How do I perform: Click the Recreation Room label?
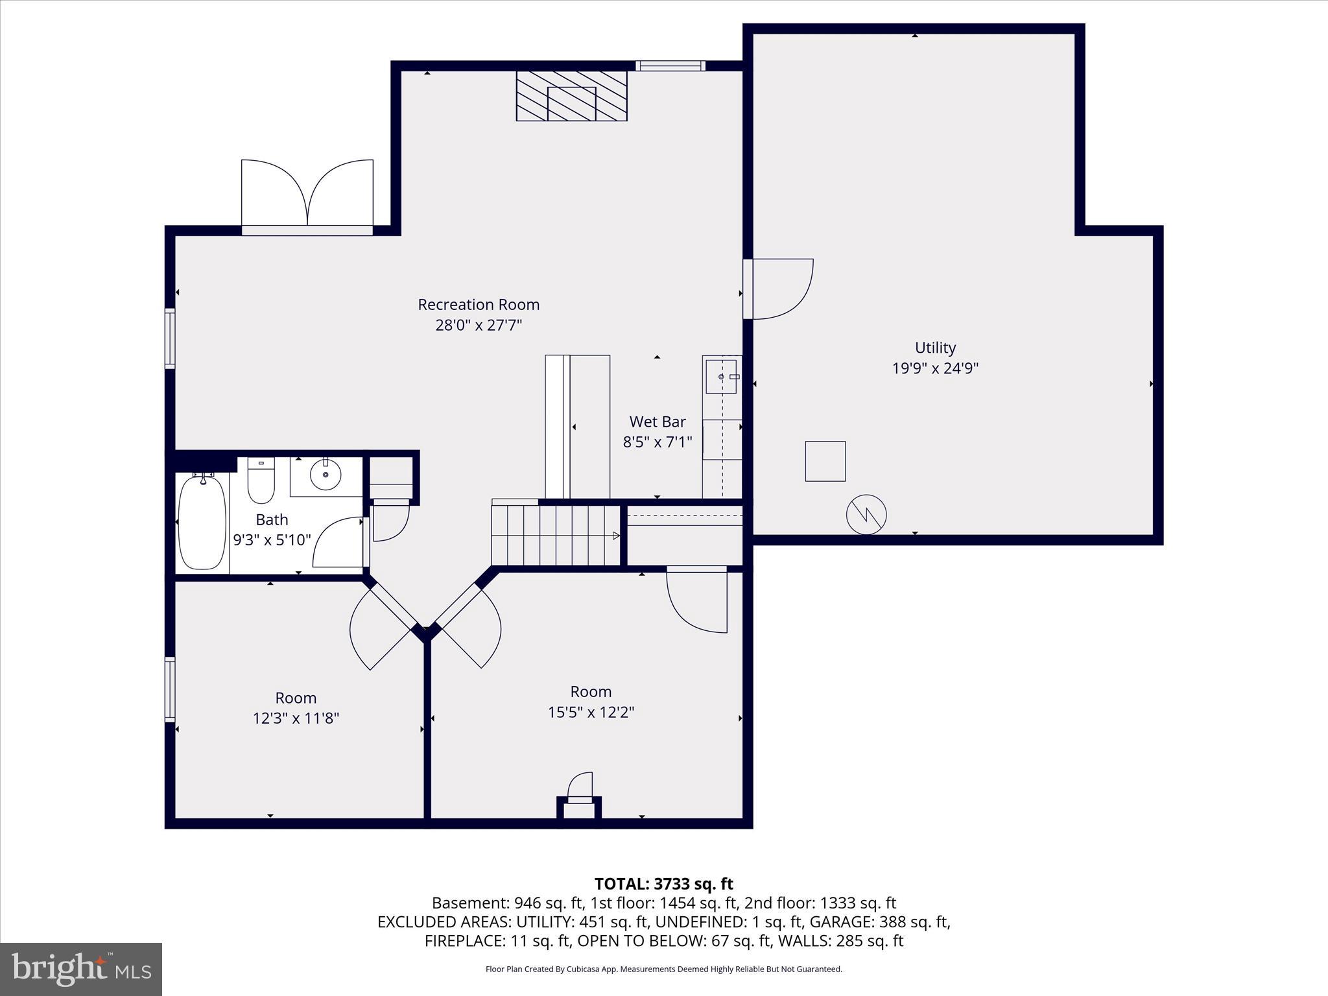coord(479,304)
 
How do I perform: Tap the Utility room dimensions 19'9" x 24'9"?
coord(935,368)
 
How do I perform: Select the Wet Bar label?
coord(658,421)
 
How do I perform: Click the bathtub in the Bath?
coord(202,523)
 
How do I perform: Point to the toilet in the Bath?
coord(261,481)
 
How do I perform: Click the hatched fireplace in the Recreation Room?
coord(571,95)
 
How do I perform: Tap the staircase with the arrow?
coord(556,536)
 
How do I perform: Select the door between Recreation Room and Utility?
coord(777,289)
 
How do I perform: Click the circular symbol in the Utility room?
coord(866,515)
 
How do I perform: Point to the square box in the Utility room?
coord(825,461)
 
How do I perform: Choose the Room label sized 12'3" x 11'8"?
coord(296,698)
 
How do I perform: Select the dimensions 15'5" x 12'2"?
coord(591,712)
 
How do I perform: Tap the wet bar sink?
coord(721,376)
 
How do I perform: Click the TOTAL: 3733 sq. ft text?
coord(663,884)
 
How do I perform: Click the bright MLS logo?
coord(81,969)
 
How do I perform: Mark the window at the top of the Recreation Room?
coord(670,65)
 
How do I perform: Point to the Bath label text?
coord(272,519)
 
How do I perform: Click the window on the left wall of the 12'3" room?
coord(170,689)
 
